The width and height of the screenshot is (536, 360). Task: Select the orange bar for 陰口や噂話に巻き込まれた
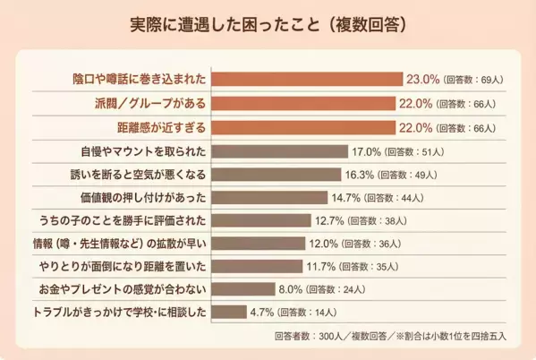[306, 79]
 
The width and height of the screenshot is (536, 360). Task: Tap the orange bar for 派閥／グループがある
[302, 103]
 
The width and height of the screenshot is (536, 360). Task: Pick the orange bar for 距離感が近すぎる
[302, 126]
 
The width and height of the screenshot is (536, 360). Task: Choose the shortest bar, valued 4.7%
[228, 312]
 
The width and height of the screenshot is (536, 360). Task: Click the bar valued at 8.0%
[242, 288]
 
